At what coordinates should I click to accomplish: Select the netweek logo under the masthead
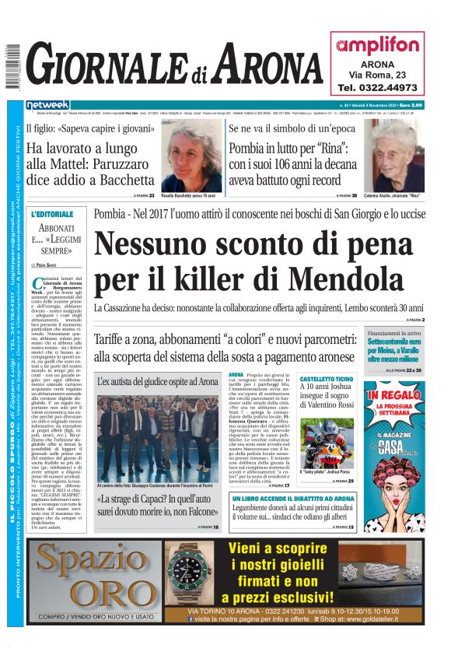coord(48,105)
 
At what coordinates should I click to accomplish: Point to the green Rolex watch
coord(188,572)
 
